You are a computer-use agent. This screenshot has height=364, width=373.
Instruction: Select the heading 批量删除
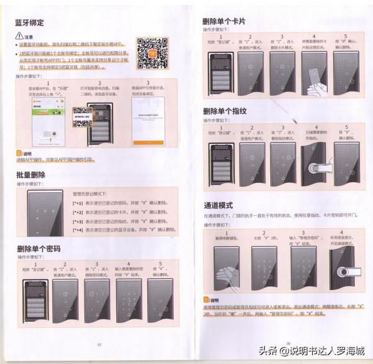(x=30, y=175)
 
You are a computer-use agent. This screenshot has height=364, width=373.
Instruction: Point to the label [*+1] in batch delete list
(x=78, y=203)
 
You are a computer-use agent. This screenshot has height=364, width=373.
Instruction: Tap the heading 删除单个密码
(x=39, y=249)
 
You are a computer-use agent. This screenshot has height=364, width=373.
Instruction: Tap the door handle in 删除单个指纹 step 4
(x=321, y=168)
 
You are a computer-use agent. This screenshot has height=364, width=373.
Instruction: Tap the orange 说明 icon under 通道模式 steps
(x=206, y=300)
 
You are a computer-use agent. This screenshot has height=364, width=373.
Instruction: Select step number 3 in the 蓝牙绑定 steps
(x=148, y=82)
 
